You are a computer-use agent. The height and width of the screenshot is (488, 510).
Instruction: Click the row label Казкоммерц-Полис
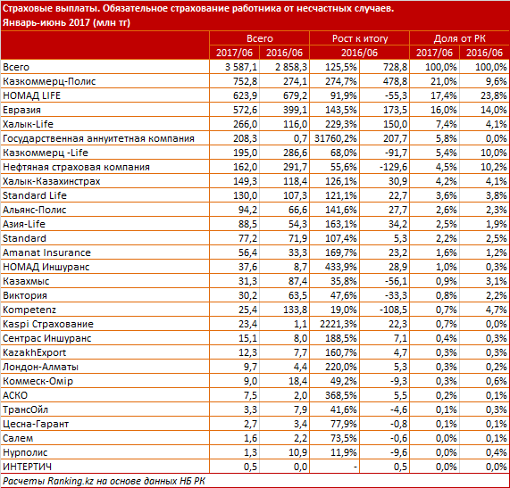click(x=49, y=81)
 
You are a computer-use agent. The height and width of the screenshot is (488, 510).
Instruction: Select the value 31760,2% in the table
click(x=336, y=138)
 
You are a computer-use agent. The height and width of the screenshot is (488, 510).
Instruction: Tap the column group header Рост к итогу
click(x=360, y=38)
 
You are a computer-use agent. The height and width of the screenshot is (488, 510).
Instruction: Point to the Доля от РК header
click(x=460, y=38)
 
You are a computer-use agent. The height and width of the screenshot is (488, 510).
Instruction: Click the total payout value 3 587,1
click(x=241, y=67)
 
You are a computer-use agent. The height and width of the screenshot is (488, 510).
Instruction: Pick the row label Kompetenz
click(x=29, y=310)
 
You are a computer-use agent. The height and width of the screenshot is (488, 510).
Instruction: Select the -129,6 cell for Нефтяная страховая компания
click(x=393, y=167)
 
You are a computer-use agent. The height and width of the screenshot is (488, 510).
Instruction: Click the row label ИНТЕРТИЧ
click(x=27, y=467)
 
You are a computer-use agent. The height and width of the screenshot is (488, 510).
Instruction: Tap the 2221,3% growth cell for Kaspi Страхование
click(x=339, y=324)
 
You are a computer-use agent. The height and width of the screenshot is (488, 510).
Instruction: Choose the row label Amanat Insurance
click(x=46, y=252)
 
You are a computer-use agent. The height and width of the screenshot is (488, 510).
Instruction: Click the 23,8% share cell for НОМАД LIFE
click(x=493, y=95)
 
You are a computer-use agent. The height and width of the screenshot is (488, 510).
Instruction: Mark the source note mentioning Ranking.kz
click(x=105, y=481)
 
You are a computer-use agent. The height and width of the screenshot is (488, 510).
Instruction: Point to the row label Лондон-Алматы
click(x=41, y=367)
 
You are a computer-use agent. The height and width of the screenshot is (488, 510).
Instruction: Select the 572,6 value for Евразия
click(x=245, y=110)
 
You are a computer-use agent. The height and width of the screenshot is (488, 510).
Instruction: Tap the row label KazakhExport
click(x=35, y=352)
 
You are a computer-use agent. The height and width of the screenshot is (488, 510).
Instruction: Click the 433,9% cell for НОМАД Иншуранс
click(x=341, y=267)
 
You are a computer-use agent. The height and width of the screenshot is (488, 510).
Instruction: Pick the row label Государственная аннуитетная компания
click(x=98, y=139)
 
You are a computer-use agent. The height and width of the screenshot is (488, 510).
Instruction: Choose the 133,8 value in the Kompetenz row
click(x=295, y=310)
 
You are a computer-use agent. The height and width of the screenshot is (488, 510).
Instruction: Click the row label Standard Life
click(x=35, y=195)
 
